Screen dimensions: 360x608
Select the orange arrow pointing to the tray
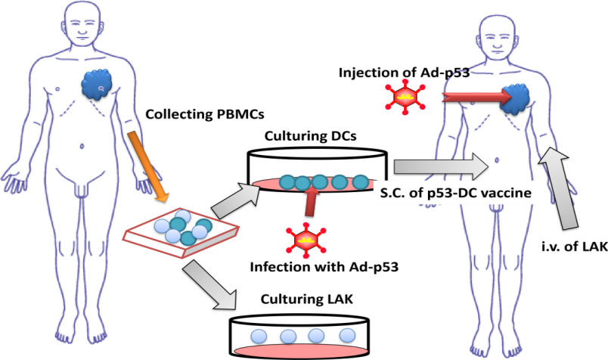[147, 166]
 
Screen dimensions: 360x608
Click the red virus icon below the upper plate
[305, 239]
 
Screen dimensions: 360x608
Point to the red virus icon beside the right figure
[405, 97]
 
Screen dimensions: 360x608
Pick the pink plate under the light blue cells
[301, 351]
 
